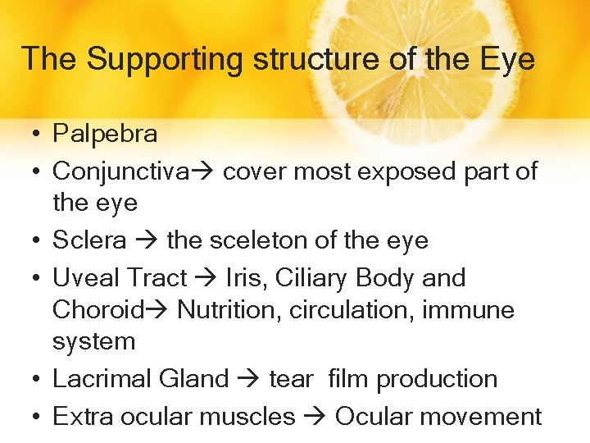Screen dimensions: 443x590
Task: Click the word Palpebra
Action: pos(105,133)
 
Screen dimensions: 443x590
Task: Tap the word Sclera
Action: pos(89,240)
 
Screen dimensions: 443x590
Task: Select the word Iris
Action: pos(245,278)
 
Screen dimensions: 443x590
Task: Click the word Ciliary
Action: pos(312,278)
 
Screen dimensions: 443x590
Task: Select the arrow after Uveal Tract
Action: pos(206,279)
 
